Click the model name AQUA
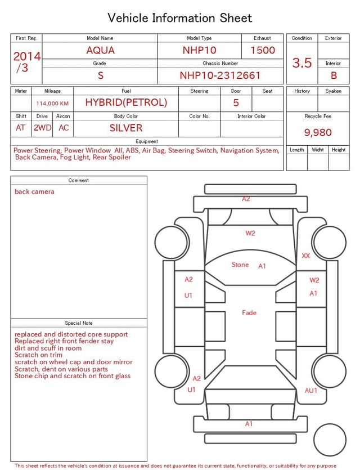(x=100, y=50)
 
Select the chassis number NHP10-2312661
(x=220, y=75)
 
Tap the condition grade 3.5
(x=302, y=62)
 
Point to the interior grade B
(x=334, y=75)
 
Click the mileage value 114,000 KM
(x=52, y=104)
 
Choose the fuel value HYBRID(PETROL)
(x=126, y=102)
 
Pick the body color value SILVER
(x=126, y=128)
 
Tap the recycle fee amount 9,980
(x=318, y=132)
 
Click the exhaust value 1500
(x=263, y=50)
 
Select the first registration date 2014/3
(x=26, y=62)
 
